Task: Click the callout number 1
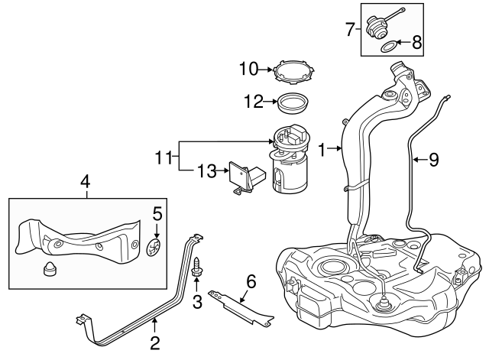(x=322, y=151)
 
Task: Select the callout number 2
(x=154, y=342)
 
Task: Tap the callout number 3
(x=197, y=302)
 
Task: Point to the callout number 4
(x=86, y=183)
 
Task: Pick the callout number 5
(x=157, y=213)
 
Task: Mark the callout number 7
(x=351, y=30)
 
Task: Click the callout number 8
(x=416, y=43)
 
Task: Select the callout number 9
(x=433, y=160)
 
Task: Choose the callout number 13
(x=206, y=171)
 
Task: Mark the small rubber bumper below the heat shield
(x=51, y=268)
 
